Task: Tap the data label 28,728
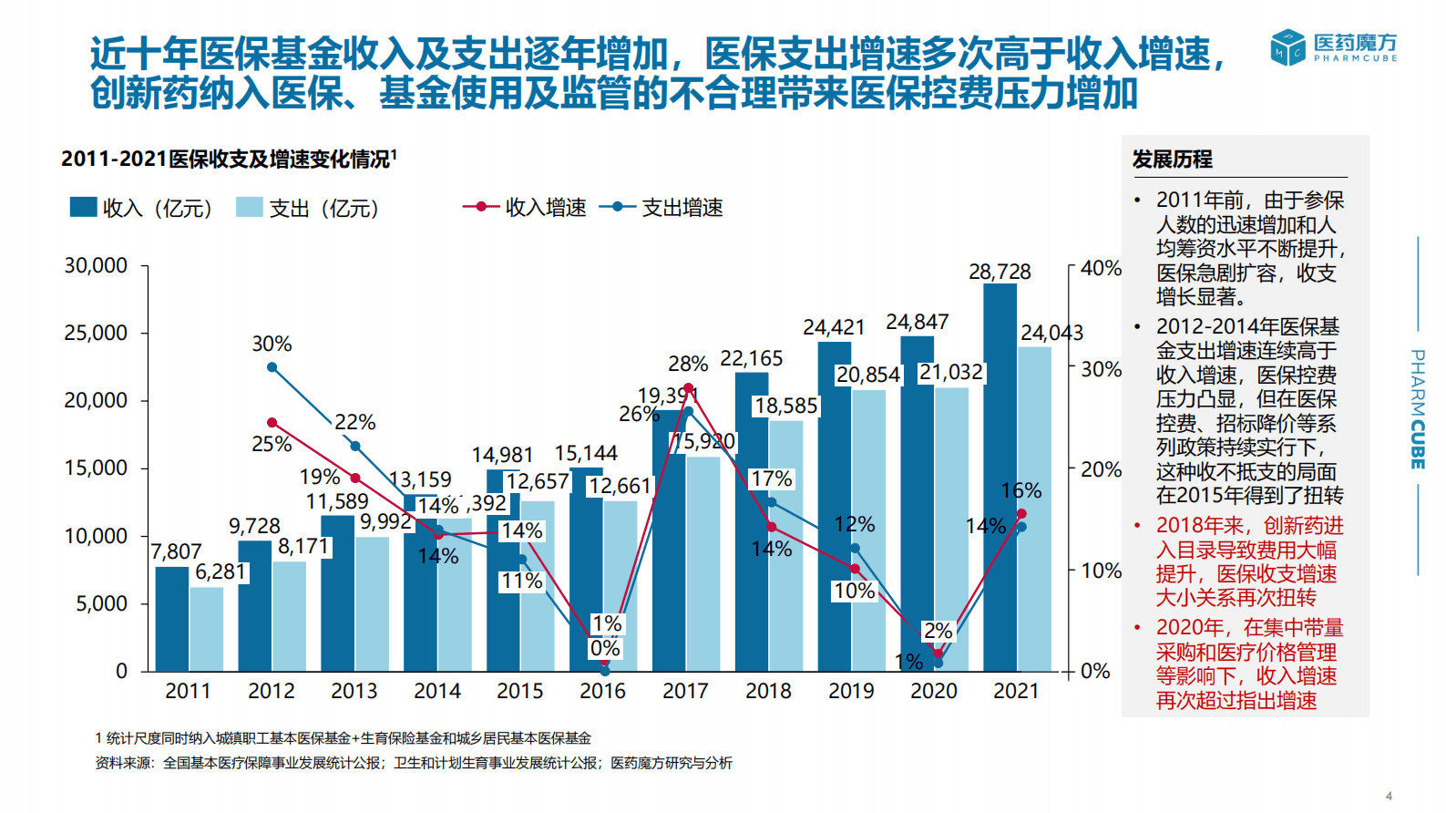click(x=1000, y=272)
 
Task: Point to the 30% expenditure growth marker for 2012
click(x=272, y=367)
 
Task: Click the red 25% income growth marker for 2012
click(x=272, y=423)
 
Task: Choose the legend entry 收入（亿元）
click(x=141, y=208)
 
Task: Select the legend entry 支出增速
click(x=662, y=208)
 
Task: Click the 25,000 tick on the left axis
click(x=96, y=333)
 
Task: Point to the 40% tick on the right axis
click(x=1101, y=268)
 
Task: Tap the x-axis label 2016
click(x=602, y=691)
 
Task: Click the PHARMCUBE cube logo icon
click(x=1288, y=46)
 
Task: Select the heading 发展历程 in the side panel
click(x=1172, y=160)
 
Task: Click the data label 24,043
click(x=1051, y=333)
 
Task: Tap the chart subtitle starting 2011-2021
click(x=228, y=160)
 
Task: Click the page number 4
click(x=1389, y=796)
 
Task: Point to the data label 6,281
click(x=220, y=571)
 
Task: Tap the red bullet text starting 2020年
click(x=1248, y=664)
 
